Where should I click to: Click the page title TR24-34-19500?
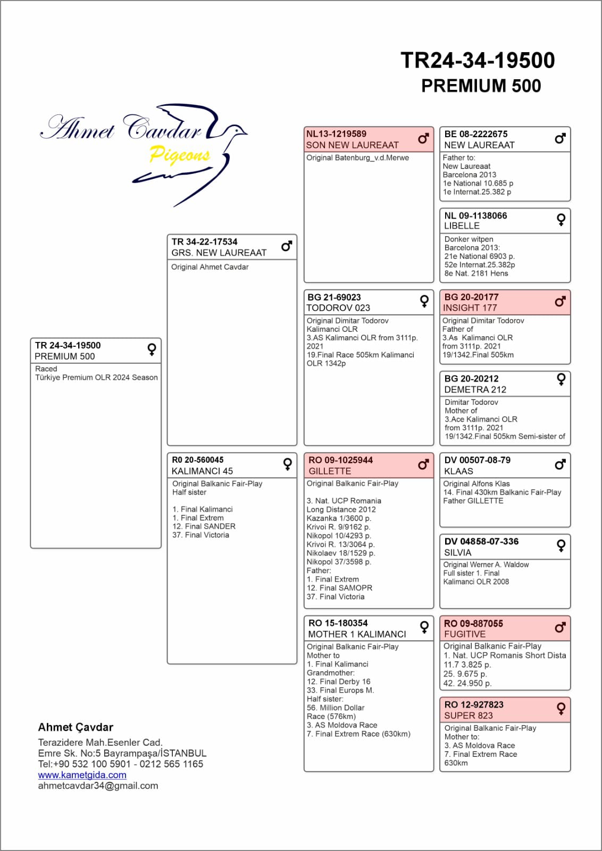click(477, 61)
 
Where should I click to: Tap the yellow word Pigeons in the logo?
click(180, 154)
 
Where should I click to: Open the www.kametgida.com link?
click(82, 775)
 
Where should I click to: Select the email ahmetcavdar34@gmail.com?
click(98, 786)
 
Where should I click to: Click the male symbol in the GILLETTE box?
click(423, 465)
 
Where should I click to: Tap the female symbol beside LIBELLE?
click(561, 220)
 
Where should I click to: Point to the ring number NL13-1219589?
click(336, 134)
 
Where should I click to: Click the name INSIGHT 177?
click(470, 308)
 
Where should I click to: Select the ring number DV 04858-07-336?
click(481, 541)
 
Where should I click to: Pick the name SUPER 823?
click(469, 716)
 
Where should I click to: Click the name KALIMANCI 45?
click(202, 471)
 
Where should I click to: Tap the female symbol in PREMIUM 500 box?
click(152, 349)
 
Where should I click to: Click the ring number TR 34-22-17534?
click(204, 242)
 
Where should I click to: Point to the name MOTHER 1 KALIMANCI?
click(357, 634)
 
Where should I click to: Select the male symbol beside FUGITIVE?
click(560, 628)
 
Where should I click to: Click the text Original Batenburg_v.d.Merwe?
click(357, 158)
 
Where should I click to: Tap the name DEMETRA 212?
click(475, 389)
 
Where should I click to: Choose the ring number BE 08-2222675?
click(475, 134)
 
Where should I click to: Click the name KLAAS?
click(458, 471)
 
